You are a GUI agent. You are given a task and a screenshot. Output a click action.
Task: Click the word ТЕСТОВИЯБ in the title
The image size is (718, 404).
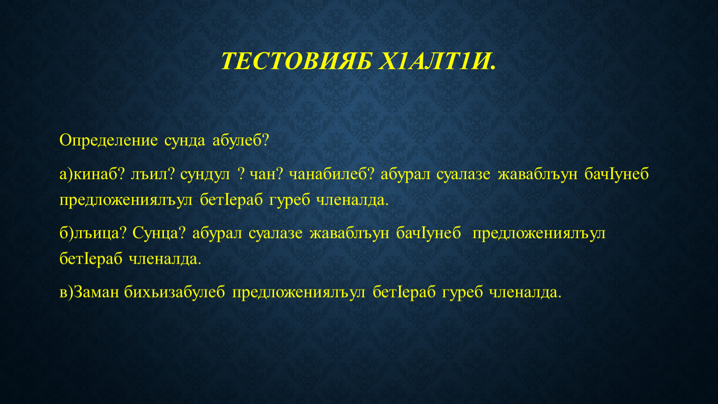pos(296,60)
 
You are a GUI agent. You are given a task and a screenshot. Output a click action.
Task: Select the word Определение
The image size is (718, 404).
pos(108,141)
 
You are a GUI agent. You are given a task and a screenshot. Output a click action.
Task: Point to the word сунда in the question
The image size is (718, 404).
pos(185,141)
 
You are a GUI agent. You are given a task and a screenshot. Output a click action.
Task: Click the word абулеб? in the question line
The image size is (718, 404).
pos(240,141)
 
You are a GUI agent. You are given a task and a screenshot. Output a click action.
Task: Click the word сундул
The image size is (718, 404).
pos(205,174)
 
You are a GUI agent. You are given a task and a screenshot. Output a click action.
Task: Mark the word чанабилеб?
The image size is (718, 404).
pos(332,174)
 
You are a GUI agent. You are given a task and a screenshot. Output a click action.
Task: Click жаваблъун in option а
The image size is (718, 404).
pos(538,174)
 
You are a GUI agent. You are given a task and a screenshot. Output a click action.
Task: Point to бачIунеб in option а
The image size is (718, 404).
pos(616,174)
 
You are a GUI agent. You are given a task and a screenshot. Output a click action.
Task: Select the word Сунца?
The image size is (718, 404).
pos(159,233)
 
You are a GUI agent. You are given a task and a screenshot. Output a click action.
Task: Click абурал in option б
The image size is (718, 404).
pos(217,233)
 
